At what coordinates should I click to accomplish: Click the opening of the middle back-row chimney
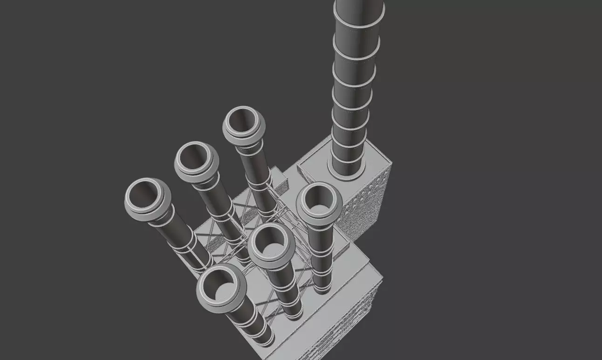[194, 157]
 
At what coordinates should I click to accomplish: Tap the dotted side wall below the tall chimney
[366, 205]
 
